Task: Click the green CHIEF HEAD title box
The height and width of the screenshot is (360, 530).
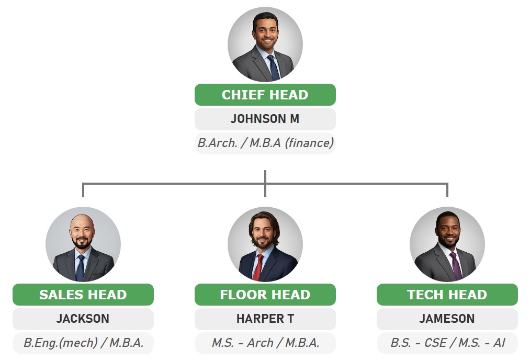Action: click(265, 95)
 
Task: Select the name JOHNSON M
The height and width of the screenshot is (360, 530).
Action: click(265, 119)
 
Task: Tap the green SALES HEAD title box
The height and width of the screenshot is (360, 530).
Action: click(83, 295)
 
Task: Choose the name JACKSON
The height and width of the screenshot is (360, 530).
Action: click(83, 319)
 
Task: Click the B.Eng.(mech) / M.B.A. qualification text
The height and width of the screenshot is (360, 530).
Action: click(84, 343)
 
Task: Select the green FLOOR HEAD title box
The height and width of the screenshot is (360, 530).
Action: click(265, 295)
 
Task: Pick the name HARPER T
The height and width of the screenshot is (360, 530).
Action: click(265, 319)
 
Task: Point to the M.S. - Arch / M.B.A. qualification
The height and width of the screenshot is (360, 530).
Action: click(265, 343)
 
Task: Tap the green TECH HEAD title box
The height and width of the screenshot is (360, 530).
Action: click(447, 295)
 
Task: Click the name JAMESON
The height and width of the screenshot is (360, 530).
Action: click(447, 319)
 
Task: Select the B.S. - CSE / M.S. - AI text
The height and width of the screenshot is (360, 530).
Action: click(447, 343)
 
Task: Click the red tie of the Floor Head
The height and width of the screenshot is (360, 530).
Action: click(258, 267)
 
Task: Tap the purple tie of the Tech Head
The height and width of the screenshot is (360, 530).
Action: click(456, 266)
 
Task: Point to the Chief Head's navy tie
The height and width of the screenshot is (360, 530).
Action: click(273, 67)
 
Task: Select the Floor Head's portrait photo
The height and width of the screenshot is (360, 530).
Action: click(265, 244)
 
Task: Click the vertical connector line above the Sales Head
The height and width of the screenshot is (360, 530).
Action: click(83, 190)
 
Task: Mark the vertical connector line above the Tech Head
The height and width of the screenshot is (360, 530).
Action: click(447, 190)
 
